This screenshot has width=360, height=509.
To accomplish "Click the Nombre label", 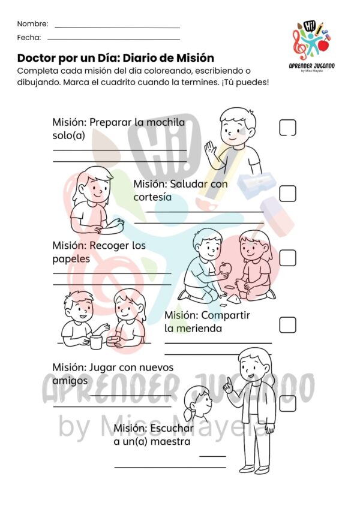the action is [32, 24].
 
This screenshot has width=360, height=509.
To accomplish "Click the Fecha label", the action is [29, 37].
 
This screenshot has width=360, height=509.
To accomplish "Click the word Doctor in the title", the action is [37, 58].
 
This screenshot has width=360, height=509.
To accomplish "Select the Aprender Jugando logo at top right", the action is [311, 46].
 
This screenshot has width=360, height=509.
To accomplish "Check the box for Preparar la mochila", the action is [287, 127].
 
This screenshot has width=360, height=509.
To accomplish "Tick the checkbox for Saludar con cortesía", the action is [287, 194].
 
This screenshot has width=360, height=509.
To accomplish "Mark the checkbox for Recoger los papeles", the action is [287, 258].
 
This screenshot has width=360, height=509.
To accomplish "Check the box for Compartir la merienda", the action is [287, 324].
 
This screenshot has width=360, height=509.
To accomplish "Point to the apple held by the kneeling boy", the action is [225, 268].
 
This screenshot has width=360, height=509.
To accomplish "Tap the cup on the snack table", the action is [96, 342].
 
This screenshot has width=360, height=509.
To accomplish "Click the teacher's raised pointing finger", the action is [229, 381].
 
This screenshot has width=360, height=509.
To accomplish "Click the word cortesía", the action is [152, 197].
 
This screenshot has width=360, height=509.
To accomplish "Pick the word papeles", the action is [71, 260].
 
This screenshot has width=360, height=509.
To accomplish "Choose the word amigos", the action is [70, 381].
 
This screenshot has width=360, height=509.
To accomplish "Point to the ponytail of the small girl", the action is [189, 414].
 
